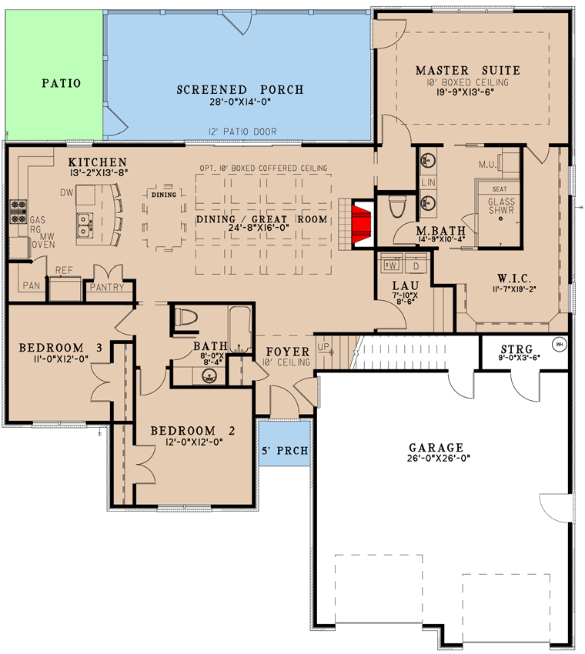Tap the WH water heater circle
(x=559, y=344)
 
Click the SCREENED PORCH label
(x=240, y=90)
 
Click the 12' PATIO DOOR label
(x=242, y=132)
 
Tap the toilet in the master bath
(x=397, y=207)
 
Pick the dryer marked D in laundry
(x=416, y=265)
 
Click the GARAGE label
(x=436, y=447)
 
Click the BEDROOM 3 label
(x=61, y=348)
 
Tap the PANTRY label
(x=107, y=287)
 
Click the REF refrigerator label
(x=64, y=271)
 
